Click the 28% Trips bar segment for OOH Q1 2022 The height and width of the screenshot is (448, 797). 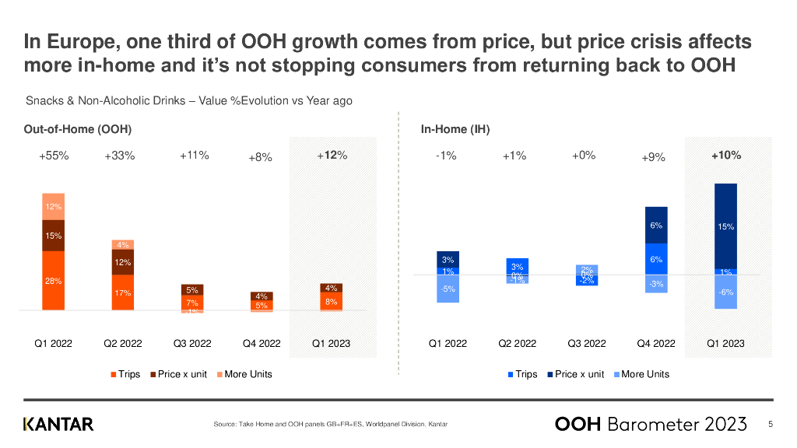[x=54, y=281]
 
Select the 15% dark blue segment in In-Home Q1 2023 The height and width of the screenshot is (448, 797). [x=725, y=226]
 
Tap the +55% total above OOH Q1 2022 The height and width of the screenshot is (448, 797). [x=54, y=156]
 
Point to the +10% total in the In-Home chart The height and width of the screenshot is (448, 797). [x=725, y=156]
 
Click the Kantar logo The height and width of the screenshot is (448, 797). [x=58, y=424]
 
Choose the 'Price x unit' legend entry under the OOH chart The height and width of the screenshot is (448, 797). [x=178, y=374]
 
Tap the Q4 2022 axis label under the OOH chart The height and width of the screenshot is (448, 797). [x=261, y=343]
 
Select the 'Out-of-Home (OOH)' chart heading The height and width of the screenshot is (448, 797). [x=77, y=129]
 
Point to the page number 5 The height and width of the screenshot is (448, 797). [x=771, y=424]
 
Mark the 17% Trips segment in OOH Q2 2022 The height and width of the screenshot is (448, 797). [x=123, y=293]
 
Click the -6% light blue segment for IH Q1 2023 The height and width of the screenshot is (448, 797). [x=725, y=292]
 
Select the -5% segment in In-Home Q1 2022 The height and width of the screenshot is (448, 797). [x=448, y=289]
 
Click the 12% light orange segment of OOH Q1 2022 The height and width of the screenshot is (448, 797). [x=54, y=207]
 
